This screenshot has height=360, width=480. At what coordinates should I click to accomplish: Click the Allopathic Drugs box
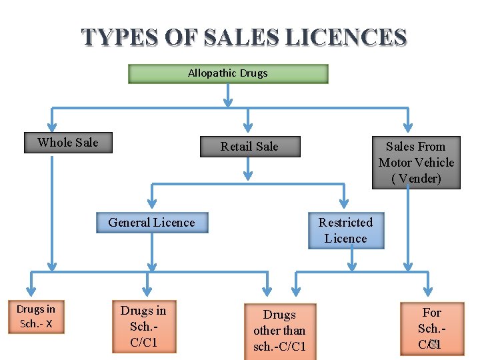(x=228, y=73)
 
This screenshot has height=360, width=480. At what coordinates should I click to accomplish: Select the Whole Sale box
(x=68, y=143)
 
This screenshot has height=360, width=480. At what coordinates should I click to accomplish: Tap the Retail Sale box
(x=250, y=147)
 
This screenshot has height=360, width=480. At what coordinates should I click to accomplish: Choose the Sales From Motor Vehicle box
(x=416, y=163)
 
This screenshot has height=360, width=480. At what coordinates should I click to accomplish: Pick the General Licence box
(x=152, y=223)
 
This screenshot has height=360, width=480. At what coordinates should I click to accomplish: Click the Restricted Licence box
(x=346, y=231)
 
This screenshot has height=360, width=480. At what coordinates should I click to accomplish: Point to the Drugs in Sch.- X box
(x=36, y=317)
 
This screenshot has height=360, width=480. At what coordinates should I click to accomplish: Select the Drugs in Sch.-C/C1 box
(x=143, y=327)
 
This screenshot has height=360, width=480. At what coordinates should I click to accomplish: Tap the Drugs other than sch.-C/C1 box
(x=279, y=330)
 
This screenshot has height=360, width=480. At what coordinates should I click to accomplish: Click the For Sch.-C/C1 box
(x=431, y=328)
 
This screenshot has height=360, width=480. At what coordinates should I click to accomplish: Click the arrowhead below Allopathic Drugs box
(x=228, y=102)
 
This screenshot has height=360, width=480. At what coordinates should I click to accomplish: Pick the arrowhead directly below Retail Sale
(x=248, y=175)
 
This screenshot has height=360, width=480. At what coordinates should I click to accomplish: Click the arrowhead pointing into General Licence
(x=152, y=204)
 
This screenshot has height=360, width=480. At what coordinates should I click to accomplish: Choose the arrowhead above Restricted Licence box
(x=345, y=204)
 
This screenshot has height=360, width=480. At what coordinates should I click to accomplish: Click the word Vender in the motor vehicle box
(x=417, y=179)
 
